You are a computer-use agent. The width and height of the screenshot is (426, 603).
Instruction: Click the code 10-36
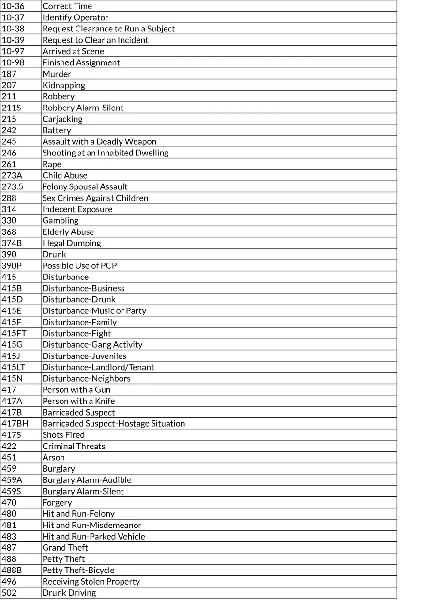[13, 6]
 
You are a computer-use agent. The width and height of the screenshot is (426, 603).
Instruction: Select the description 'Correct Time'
[67, 6]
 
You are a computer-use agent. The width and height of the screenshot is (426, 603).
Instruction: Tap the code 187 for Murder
[9, 74]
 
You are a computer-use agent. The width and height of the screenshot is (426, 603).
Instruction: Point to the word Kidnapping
[63, 85]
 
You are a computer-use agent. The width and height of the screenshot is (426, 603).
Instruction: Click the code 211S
[12, 108]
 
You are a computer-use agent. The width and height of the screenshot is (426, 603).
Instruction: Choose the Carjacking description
[62, 119]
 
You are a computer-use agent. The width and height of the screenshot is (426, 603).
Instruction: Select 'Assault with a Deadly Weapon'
[99, 141]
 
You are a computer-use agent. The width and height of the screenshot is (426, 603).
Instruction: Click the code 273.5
[13, 186]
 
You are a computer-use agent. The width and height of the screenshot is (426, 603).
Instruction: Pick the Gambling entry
[60, 220]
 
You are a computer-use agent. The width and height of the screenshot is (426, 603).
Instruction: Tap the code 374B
[12, 243]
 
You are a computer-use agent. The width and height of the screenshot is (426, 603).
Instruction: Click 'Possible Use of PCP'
[79, 265]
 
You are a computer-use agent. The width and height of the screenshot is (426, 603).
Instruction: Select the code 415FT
[14, 333]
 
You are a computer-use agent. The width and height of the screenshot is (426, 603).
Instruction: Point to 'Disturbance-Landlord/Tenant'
[98, 367]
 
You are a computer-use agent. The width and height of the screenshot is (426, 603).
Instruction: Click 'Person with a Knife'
[78, 401]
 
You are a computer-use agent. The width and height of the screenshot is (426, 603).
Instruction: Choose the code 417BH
[15, 423]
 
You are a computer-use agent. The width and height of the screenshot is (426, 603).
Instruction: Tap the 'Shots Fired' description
[63, 435]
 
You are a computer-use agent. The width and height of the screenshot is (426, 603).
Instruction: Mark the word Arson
[53, 457]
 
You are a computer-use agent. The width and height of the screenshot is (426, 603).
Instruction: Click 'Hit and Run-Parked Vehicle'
[93, 536]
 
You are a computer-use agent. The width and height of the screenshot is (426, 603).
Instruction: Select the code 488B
[12, 570]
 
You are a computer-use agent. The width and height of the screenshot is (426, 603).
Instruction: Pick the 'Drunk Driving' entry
[69, 593]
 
